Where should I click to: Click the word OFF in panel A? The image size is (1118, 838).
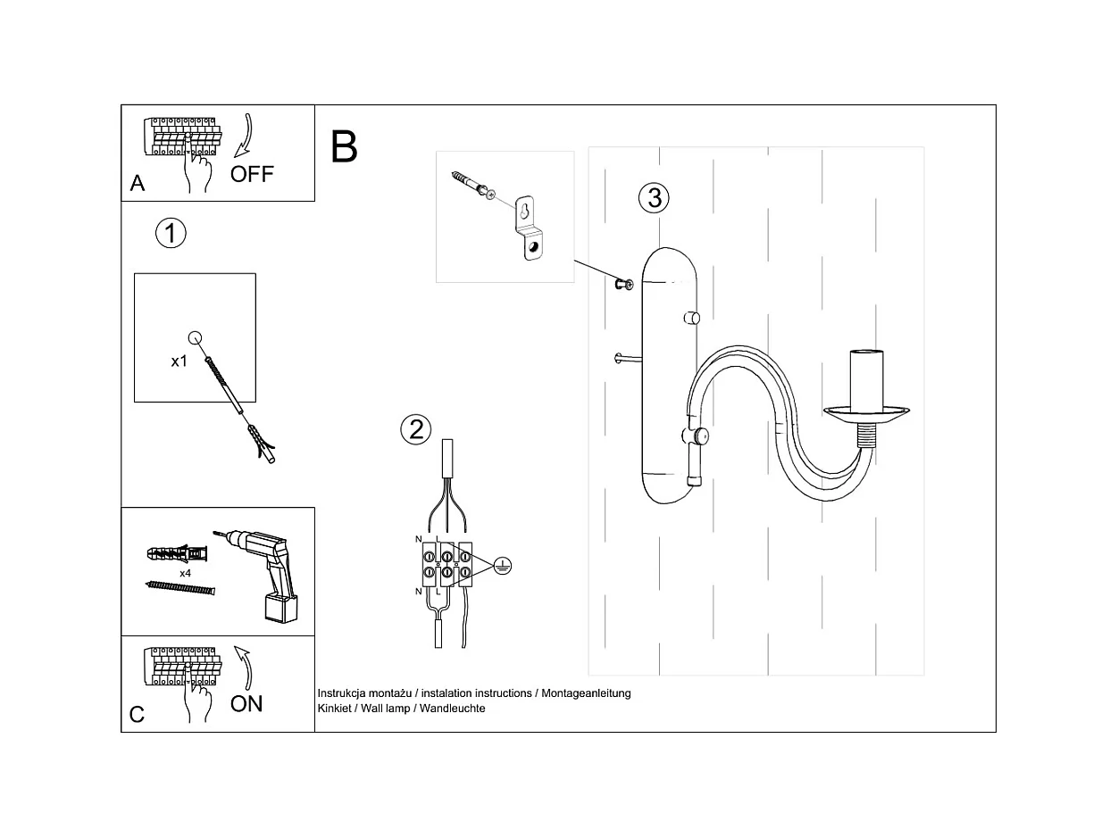pyautogui.click(x=252, y=174)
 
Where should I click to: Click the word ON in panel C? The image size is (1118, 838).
pyautogui.click(x=246, y=703)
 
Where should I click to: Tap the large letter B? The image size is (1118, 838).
pyautogui.click(x=344, y=147)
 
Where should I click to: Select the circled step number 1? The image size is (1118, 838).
pyautogui.click(x=171, y=234)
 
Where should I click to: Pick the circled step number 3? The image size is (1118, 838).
pyautogui.click(x=655, y=197)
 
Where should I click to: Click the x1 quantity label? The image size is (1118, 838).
pyautogui.click(x=179, y=361)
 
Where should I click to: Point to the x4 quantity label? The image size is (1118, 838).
pyautogui.click(x=186, y=573)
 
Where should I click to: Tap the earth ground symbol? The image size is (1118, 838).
pyautogui.click(x=502, y=564)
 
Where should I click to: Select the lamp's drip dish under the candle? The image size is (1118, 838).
pyautogui.click(x=866, y=413)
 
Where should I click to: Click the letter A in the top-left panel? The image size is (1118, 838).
pyautogui.click(x=138, y=184)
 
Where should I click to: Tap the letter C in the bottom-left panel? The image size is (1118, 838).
pyautogui.click(x=137, y=715)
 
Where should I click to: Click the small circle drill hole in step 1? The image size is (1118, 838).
pyautogui.click(x=196, y=337)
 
